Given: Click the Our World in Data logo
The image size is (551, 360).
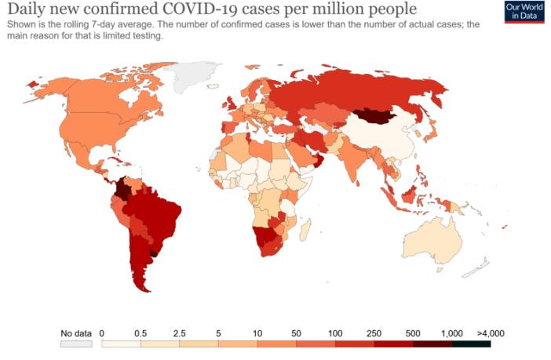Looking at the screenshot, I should (525, 12).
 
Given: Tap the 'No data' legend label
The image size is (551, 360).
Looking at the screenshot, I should (77, 333).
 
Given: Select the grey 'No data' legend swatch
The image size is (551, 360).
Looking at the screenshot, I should (77, 344).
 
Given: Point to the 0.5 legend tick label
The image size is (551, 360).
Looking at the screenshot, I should (141, 333).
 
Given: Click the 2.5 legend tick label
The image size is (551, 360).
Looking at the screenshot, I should (180, 333).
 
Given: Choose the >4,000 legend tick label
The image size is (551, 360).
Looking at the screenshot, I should (490, 333).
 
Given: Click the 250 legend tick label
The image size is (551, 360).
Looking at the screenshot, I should (374, 333).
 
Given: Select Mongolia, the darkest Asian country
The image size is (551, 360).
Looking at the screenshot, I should (378, 118).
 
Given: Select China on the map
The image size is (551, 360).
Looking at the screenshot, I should (385, 141).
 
